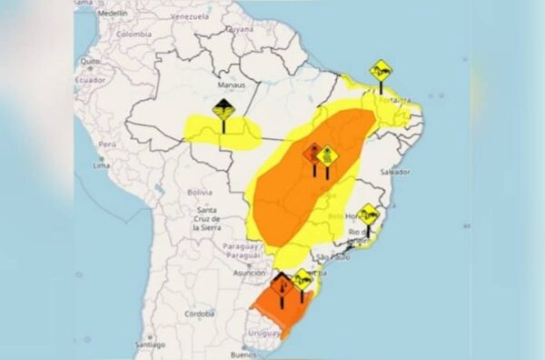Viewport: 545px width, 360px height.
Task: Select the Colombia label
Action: point(133,34)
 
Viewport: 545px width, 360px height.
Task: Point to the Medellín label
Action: point(112,15)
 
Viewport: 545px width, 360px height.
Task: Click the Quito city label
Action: point(89,62)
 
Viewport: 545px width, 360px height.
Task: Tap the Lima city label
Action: point(102,165)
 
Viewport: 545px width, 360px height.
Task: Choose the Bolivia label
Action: point(199,192)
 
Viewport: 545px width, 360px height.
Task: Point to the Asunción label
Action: point(249,272)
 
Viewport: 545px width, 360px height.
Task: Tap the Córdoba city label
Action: point(198,313)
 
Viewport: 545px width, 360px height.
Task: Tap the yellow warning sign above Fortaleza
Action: point(381,70)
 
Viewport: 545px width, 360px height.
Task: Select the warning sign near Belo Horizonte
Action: point(368,215)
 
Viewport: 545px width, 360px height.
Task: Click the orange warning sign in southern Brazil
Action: point(282,284)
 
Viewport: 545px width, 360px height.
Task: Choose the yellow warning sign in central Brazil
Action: point(327,155)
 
